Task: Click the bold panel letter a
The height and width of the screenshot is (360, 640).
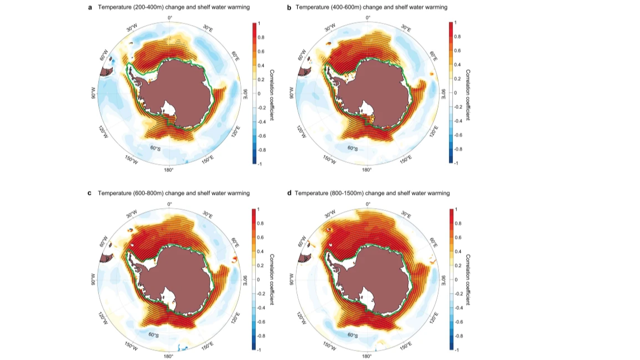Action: (90, 7)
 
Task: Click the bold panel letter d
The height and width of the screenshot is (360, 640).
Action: (289, 193)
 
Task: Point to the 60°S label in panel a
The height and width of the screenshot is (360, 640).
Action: (155, 148)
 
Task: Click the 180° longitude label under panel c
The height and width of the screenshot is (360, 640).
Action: (168, 356)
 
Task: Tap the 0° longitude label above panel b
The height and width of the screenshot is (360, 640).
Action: (367, 17)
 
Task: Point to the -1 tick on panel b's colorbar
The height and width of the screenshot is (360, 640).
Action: (456, 164)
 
